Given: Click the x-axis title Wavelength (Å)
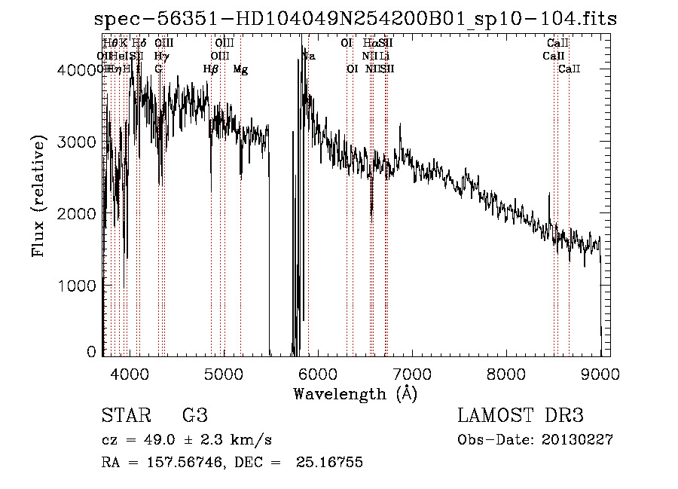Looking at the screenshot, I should point(355,393).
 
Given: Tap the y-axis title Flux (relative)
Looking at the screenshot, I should point(38,195).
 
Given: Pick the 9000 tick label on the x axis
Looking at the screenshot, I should point(600,373).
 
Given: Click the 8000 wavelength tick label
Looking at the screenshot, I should point(505,373).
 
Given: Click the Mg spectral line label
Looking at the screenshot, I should point(240,69).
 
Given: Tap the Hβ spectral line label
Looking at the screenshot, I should point(211,69).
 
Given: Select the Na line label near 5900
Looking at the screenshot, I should point(309,57).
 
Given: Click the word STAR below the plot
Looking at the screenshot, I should point(124,416).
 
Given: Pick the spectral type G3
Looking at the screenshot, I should point(195,416).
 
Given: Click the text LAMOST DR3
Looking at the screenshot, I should point(521,416).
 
